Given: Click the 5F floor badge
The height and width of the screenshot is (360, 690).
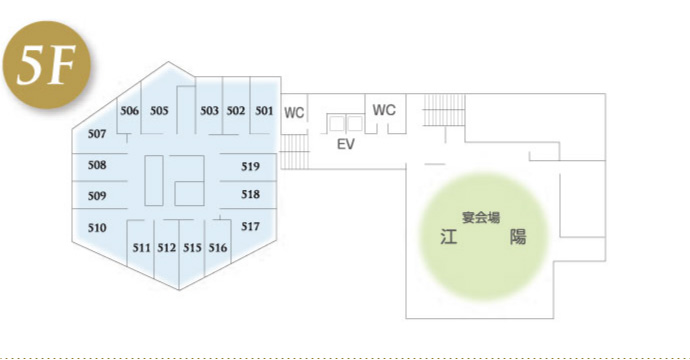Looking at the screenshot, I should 48,67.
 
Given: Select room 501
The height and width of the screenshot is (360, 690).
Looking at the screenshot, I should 263,110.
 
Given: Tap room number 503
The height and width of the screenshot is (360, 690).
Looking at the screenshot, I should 209,110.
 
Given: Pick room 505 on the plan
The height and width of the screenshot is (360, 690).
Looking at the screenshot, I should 159,110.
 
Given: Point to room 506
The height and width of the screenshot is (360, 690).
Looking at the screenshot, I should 129,110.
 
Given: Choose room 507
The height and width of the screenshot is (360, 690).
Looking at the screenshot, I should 97,134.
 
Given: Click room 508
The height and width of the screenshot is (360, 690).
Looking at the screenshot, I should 97,165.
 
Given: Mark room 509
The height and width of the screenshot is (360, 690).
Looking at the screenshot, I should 97,196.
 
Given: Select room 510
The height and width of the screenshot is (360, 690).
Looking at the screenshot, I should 97,228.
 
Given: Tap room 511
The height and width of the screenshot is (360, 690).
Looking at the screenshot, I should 141,247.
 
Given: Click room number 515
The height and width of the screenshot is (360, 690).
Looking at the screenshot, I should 193,247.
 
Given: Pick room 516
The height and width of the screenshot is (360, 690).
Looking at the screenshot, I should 218,247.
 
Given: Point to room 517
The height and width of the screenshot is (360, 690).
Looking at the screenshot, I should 250,227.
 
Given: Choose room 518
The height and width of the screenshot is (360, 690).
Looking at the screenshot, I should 250,194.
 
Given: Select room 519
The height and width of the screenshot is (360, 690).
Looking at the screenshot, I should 250,165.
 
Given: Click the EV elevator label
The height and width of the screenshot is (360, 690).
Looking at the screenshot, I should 346,144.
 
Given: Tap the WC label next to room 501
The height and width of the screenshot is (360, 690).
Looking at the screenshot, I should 294,113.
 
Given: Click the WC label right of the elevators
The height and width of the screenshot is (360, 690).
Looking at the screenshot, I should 385,110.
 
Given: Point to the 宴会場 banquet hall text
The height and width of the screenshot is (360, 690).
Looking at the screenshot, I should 481,216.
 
